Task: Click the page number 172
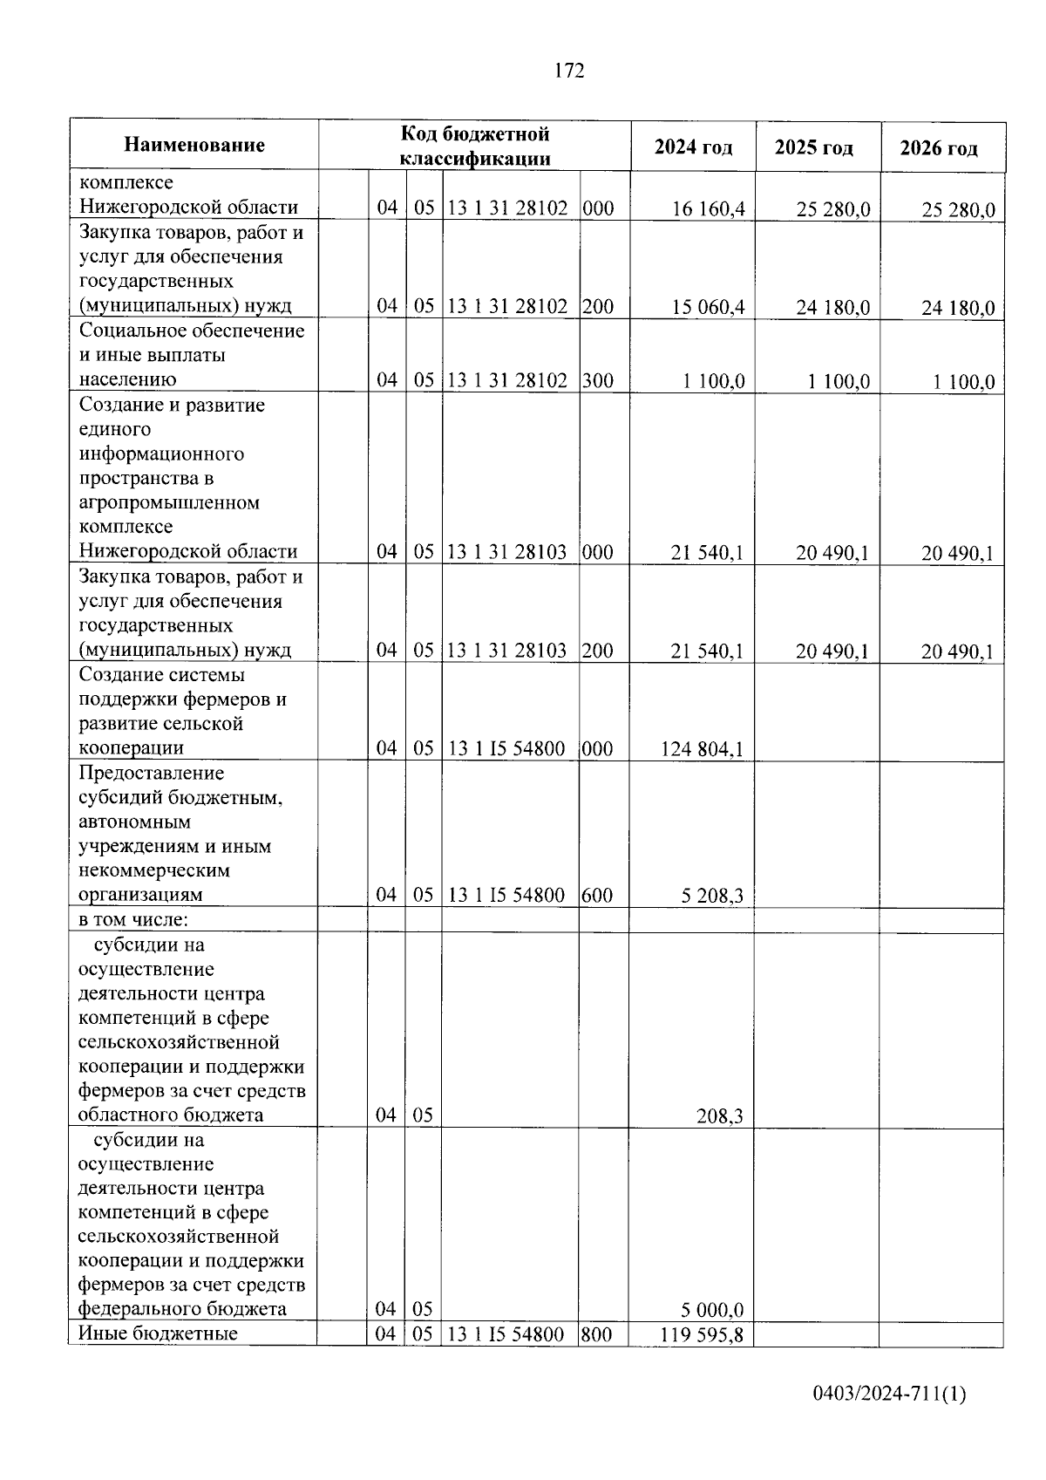568,72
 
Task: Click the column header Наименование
194,145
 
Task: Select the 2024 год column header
693,147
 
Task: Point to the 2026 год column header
939,148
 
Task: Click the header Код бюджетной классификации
475,146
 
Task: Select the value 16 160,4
709,208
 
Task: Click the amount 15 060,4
709,307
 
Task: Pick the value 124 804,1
703,748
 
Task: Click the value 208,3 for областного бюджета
725,1115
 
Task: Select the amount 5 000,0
713,1309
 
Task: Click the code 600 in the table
598,895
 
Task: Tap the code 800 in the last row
597,1333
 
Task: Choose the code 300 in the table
598,380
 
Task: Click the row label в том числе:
134,920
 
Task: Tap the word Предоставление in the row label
152,773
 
